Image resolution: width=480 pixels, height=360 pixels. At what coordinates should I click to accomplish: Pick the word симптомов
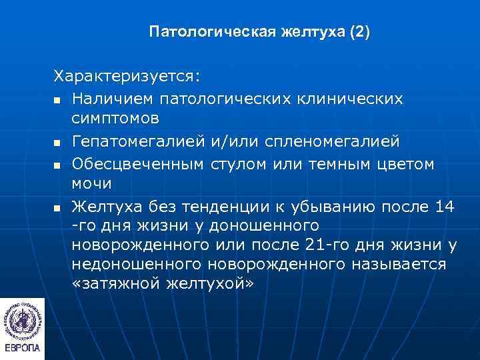(x=115, y=119)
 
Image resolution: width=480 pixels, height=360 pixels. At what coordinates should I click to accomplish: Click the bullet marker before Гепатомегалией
(x=59, y=143)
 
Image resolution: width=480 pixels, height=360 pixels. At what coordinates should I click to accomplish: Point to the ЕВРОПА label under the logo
(x=23, y=349)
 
